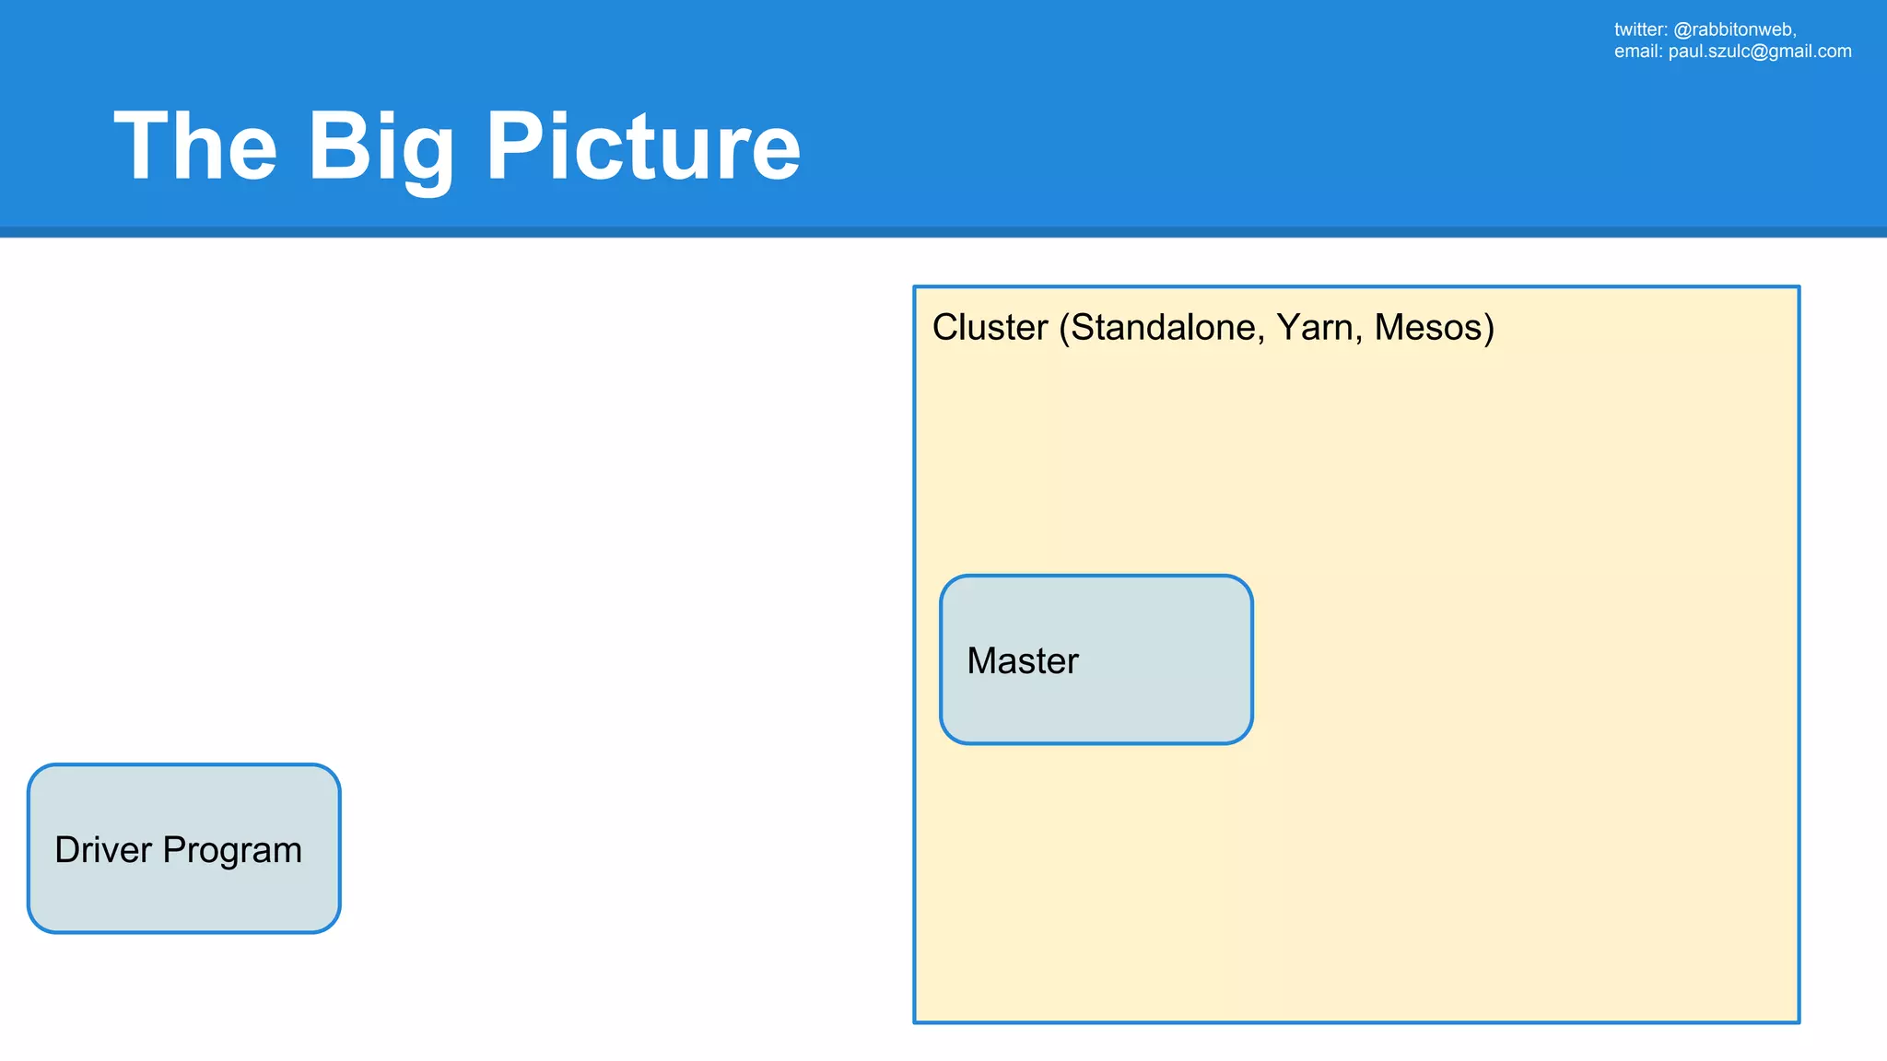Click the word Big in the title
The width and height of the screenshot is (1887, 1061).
point(380,147)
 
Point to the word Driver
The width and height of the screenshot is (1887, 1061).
point(102,849)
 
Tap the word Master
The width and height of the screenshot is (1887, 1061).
point(1022,660)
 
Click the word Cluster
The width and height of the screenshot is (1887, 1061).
point(990,327)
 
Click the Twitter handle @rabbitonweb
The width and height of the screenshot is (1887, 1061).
point(1734,29)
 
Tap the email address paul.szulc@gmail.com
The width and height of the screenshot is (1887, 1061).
point(1759,52)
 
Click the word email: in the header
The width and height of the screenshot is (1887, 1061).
point(1637,52)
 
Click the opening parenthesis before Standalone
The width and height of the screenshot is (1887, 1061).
point(1064,328)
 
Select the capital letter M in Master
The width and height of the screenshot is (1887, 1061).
point(981,660)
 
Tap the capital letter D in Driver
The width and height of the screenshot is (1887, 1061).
point(67,849)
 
